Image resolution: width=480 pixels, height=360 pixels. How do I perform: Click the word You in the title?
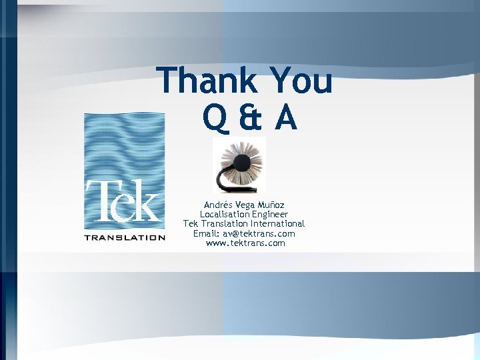(x=301, y=81)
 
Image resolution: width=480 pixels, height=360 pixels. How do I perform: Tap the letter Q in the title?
(x=215, y=118)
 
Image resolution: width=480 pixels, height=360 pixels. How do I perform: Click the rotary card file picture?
(x=239, y=165)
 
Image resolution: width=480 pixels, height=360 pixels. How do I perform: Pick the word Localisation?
(x=225, y=215)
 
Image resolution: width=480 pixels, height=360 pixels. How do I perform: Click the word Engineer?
(x=270, y=215)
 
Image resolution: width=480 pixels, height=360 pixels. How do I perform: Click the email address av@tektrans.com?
(x=258, y=234)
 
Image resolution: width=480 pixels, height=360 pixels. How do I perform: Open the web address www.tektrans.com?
(x=245, y=243)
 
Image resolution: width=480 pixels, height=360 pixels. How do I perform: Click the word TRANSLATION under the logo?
(x=125, y=237)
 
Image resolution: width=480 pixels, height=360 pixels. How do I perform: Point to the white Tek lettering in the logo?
(x=124, y=200)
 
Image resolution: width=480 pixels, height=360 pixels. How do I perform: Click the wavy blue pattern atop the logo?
(x=124, y=143)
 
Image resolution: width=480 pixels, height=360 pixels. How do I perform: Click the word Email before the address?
(x=205, y=234)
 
